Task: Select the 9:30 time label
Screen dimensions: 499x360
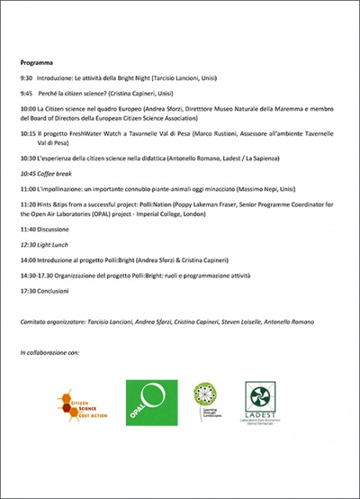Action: point(27,78)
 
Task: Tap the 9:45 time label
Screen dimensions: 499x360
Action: point(27,92)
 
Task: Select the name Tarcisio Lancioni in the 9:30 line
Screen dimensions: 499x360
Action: point(168,78)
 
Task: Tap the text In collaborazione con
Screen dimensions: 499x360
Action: point(49,353)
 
